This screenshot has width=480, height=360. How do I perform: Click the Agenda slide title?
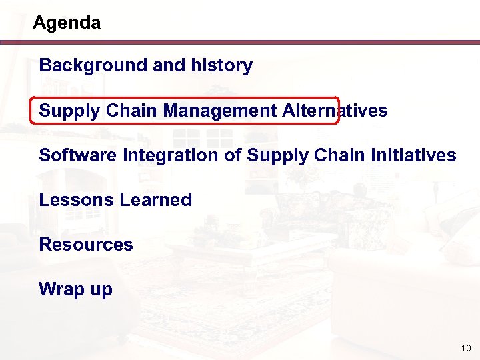tap(67, 23)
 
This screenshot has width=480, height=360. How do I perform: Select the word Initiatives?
tap(411, 155)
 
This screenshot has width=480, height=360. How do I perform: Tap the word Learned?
tap(154, 200)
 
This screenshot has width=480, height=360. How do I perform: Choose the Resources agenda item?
tap(86, 245)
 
